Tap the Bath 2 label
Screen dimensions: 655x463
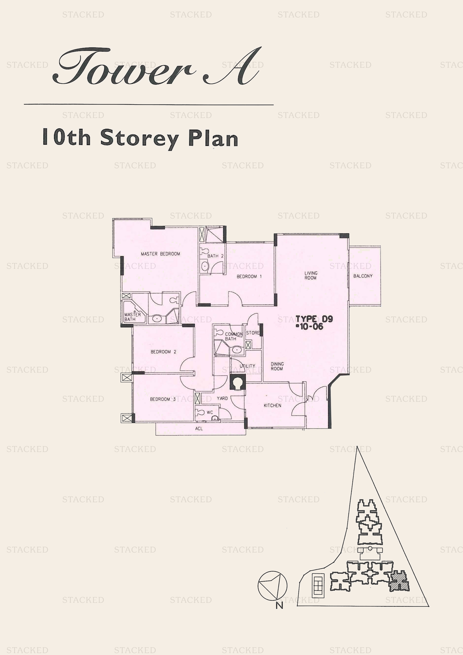pos(215,256)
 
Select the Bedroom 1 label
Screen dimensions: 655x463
pos(249,277)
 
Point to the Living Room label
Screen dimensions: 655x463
pos(311,275)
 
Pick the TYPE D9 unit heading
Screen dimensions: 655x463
pos(314,319)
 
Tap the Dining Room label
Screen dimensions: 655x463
pos(277,366)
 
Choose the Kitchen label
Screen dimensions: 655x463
pos(272,405)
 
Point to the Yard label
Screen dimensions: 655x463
pos(222,398)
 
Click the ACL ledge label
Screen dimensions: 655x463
pos(199,429)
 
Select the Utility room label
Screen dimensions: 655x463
pos(247,366)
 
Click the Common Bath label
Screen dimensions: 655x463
pos(233,336)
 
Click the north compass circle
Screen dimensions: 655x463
pos(272,586)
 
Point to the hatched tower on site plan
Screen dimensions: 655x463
pos(399,581)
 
